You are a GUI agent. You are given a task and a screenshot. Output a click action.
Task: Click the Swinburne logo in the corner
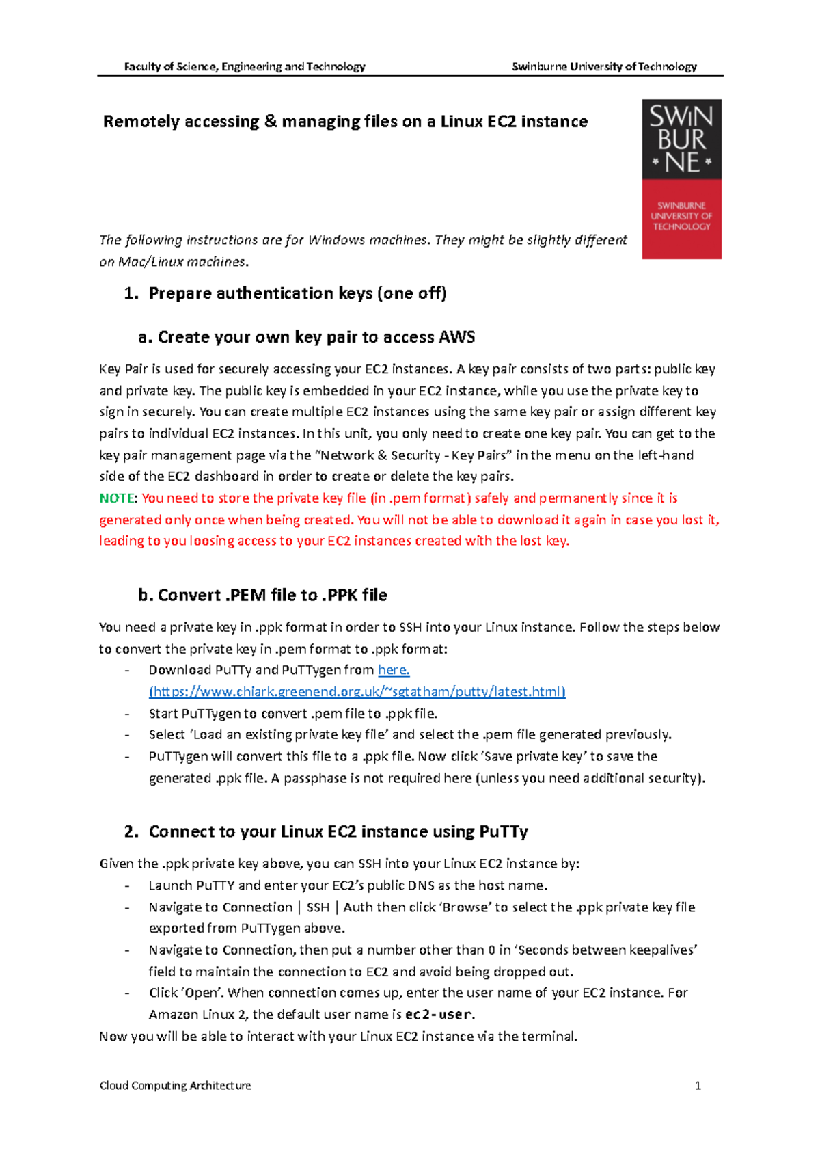(681, 179)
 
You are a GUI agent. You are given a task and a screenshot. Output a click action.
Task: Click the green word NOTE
(117, 498)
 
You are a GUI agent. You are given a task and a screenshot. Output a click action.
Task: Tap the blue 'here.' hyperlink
(394, 670)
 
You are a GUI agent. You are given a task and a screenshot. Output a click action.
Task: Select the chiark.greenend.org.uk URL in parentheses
(357, 692)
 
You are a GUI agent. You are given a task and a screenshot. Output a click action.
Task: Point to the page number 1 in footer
(698, 1086)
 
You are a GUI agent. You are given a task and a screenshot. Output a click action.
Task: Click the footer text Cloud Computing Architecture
(175, 1086)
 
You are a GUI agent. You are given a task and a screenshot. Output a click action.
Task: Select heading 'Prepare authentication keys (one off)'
(297, 293)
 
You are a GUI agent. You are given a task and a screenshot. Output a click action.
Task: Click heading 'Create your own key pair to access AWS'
(316, 337)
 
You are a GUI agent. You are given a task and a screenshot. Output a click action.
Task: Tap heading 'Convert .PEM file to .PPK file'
(272, 596)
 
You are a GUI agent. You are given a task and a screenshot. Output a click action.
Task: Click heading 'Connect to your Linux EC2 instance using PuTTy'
(338, 832)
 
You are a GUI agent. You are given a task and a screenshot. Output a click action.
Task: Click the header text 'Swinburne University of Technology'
(604, 66)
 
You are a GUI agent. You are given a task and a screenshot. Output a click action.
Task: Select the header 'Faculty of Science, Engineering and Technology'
(245, 66)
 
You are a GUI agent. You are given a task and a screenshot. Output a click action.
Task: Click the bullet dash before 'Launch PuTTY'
(127, 886)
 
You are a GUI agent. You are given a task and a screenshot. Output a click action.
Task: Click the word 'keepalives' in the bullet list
(661, 950)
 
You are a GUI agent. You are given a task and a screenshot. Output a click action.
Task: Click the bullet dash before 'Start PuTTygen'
(127, 714)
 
